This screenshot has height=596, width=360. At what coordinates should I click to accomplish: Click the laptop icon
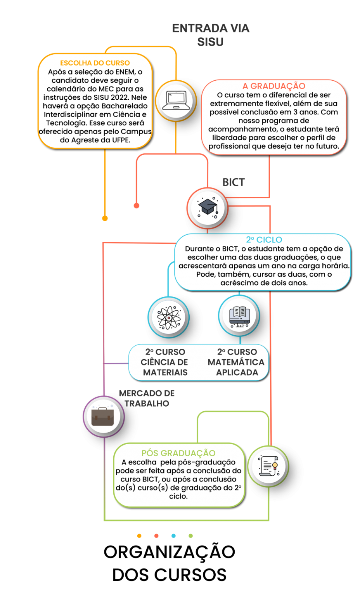[176, 100]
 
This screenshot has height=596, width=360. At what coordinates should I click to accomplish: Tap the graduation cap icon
[208, 208]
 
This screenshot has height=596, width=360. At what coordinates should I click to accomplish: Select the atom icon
[169, 318]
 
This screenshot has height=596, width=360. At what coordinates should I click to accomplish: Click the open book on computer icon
[239, 317]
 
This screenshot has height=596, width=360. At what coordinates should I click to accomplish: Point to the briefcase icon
[102, 416]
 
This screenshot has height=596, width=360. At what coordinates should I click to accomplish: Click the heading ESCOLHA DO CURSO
[95, 63]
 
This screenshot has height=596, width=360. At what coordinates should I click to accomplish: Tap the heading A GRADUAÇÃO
[274, 86]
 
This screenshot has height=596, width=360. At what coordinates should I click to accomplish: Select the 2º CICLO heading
[264, 240]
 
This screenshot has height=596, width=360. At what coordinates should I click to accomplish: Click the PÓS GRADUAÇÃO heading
[178, 453]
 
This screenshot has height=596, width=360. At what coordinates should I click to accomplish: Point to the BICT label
[234, 182]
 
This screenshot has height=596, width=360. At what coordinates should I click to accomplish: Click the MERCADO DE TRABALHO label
[147, 398]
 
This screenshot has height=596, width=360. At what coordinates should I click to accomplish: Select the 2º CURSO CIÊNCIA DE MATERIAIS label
[165, 362]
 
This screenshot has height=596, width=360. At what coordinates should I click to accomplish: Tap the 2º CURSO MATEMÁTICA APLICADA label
[236, 362]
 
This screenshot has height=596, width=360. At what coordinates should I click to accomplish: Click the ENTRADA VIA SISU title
[211, 35]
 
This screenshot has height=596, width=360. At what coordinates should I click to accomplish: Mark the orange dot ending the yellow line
[105, 218]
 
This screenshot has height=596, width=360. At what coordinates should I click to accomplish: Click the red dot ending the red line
[137, 206]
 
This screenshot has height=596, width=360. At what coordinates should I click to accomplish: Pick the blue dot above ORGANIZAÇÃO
[173, 536]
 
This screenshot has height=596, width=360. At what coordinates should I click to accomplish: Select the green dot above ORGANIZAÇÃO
[190, 536]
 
